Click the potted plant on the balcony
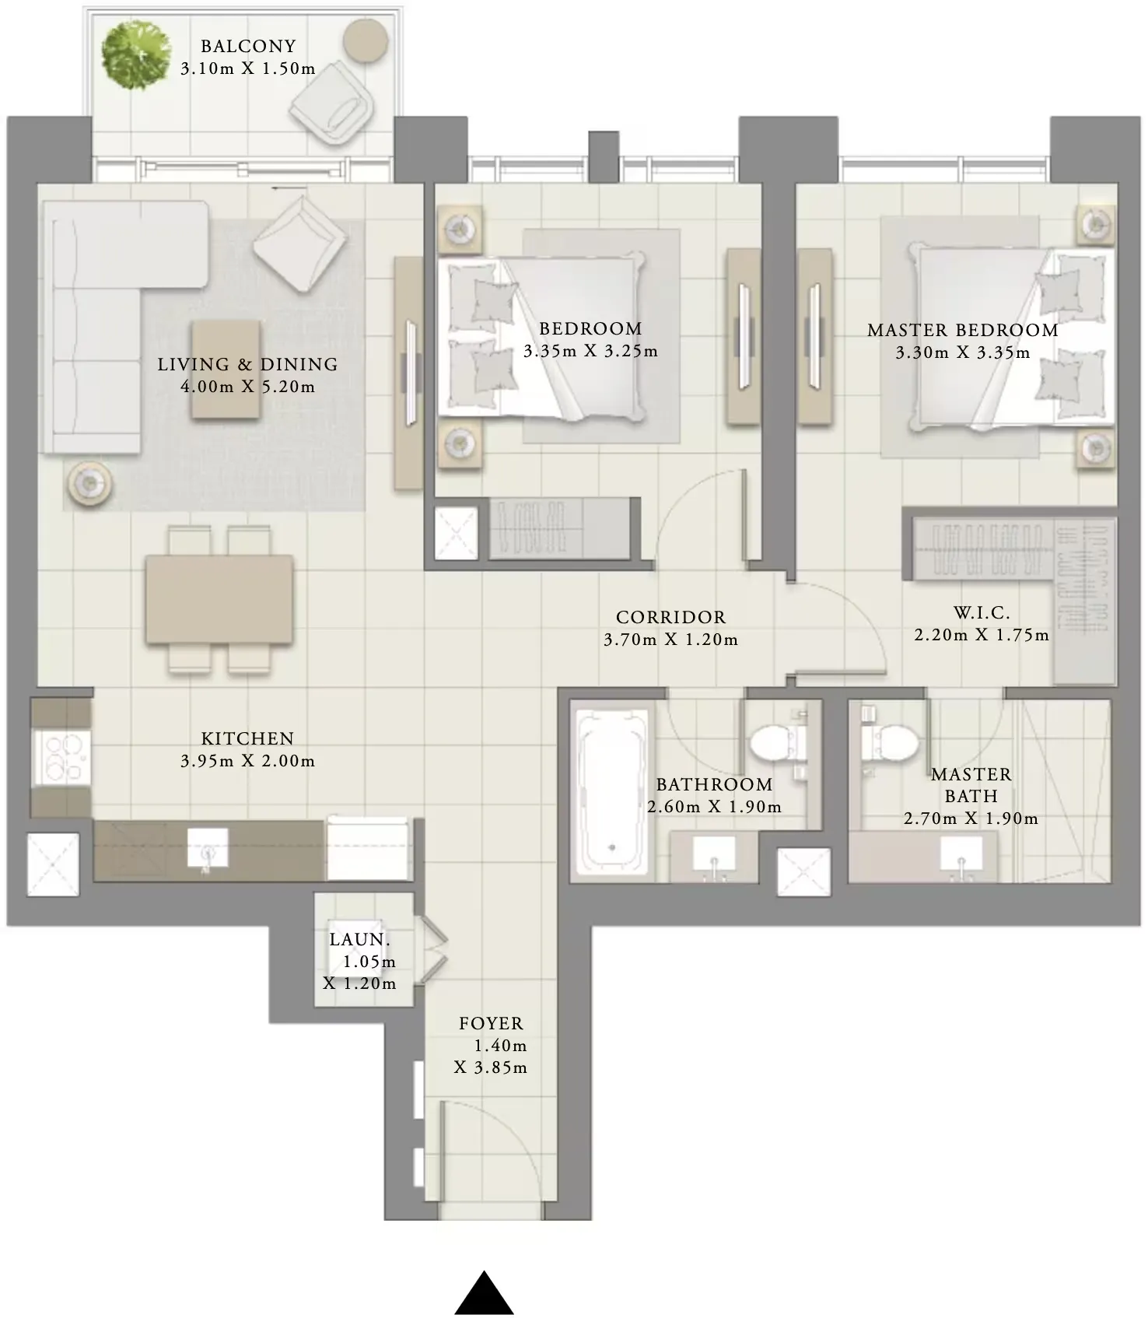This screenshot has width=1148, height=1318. coord(135,55)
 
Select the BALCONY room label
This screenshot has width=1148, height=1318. coord(248,47)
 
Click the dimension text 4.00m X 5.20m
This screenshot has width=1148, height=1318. coord(248,387)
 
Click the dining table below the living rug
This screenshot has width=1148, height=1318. coord(219,599)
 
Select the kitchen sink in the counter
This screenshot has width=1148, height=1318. coord(208,847)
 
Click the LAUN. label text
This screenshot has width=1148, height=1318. coord(359,940)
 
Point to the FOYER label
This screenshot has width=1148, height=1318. coord(491,1024)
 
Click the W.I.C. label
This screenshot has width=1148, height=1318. coord(982,613)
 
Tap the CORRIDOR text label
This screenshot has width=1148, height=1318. coord(671,618)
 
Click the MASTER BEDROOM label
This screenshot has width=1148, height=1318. coord(963,331)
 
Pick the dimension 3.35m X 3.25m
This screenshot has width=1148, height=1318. coord(590,352)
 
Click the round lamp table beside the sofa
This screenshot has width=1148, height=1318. coord(89,484)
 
